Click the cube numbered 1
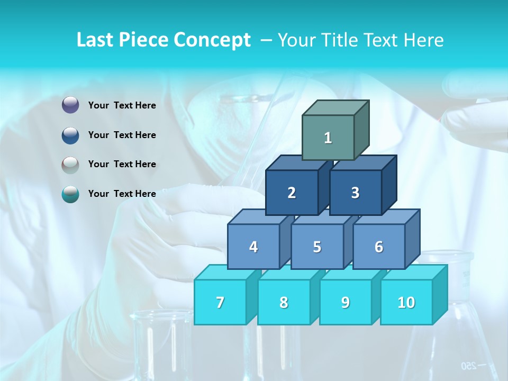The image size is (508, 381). (x=328, y=138)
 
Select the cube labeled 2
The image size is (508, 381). (x=292, y=193)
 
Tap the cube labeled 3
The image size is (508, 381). (x=355, y=193)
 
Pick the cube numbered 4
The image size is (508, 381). (x=253, y=247)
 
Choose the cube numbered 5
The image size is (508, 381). (x=317, y=247)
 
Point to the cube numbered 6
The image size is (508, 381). (x=379, y=247)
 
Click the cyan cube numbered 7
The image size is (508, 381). (x=220, y=302)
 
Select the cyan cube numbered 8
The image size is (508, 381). (x=284, y=302)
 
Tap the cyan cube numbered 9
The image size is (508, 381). (x=345, y=302)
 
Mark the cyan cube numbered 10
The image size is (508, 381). (x=406, y=302)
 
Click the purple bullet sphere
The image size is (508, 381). (x=70, y=105)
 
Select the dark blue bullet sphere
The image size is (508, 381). (x=70, y=135)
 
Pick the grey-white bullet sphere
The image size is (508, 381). (x=70, y=165)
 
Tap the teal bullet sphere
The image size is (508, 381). (x=70, y=194)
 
